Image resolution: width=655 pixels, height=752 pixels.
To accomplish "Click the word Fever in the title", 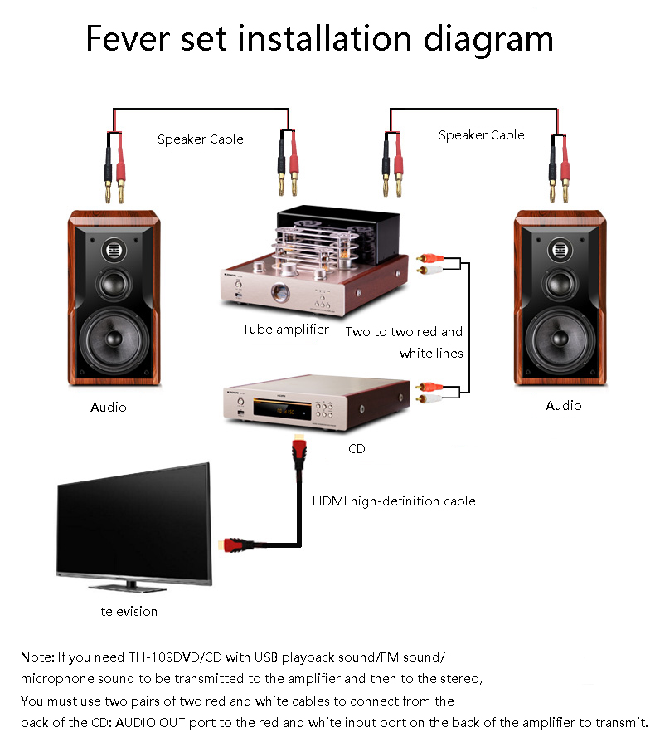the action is tap(128, 38).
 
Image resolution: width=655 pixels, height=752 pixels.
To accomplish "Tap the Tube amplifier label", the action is tap(285, 330).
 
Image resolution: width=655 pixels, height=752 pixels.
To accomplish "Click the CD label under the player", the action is tap(357, 449).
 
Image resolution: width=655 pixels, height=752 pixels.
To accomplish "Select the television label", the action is tap(129, 612).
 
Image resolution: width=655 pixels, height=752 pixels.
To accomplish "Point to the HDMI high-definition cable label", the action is tap(394, 501).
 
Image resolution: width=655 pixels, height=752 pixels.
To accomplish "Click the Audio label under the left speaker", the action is tap(109, 408).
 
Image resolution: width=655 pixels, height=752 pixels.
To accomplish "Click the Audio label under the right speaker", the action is tap(564, 406).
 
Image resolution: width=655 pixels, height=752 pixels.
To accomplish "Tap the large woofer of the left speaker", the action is tap(114, 339).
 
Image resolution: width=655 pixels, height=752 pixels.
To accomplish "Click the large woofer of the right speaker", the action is tap(560, 339).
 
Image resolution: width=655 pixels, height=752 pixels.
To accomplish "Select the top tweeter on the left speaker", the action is tap(114, 250).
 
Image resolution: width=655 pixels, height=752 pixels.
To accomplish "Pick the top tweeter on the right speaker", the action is tap(560, 250).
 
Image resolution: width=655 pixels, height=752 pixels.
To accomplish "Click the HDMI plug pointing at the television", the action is tap(235, 544).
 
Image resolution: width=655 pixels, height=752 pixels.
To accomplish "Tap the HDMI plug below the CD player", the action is tap(299, 452).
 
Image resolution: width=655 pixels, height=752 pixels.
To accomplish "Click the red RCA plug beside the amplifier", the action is tap(430, 258).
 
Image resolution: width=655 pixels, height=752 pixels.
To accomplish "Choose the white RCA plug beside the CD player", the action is tap(429, 398).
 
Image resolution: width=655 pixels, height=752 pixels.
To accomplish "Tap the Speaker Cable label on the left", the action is tap(201, 139).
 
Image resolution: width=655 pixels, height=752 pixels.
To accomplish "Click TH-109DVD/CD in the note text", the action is tap(176, 657).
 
